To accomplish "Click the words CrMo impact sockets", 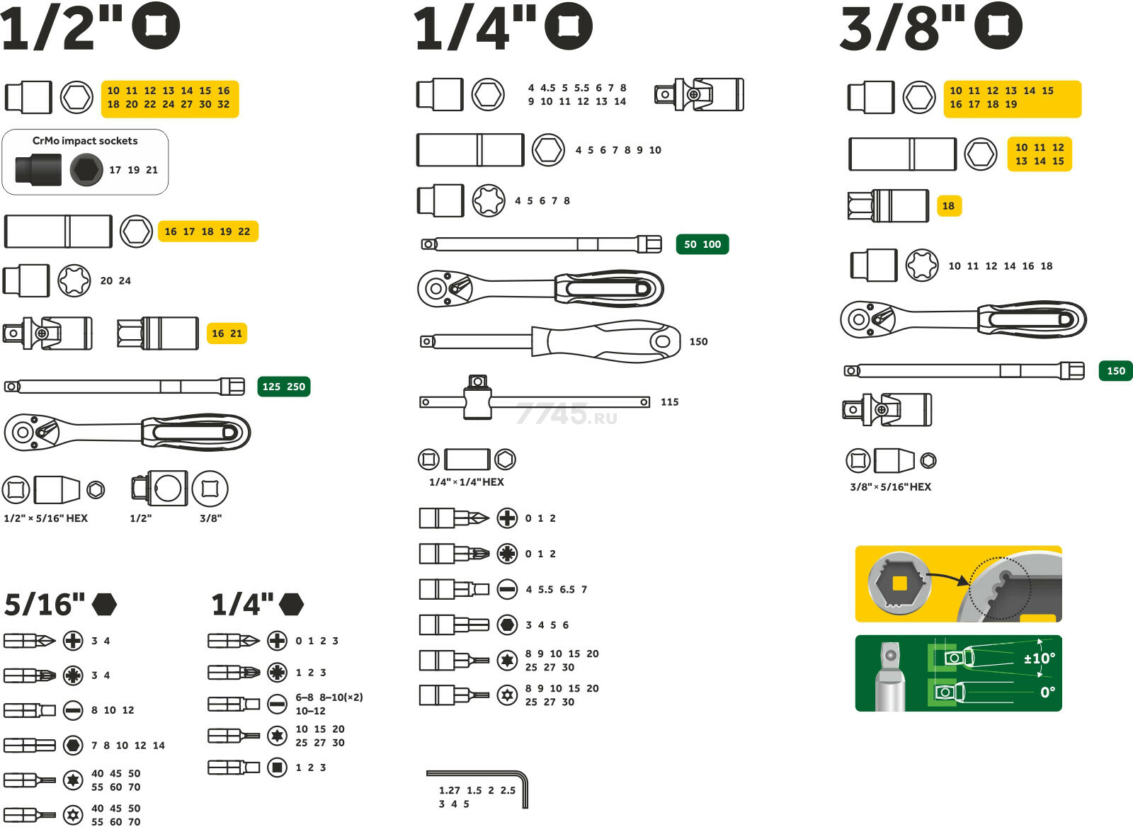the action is pos(85,141).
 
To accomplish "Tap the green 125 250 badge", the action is pos(284,387).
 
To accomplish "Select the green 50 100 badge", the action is pos(702,244).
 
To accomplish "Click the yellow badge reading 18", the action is pos(949,206).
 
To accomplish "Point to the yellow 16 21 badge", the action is pos(227,333).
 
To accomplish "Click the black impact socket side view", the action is pos(38,169).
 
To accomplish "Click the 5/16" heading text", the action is pos(45,605).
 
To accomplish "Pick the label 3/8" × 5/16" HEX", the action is pos(890,486).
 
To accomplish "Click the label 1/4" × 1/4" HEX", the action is pos(467,482).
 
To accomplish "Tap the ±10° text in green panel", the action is pos(1040,658).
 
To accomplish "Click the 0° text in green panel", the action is pos(1048,692).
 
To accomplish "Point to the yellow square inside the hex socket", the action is pos(899,583).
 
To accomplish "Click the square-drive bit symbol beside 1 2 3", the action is pos(277,768).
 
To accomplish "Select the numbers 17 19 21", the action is pos(134,170).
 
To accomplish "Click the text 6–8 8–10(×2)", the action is pos(329,697).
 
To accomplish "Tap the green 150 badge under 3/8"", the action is pos(1116,371).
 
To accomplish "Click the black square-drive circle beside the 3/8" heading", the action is pos(998,25).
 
